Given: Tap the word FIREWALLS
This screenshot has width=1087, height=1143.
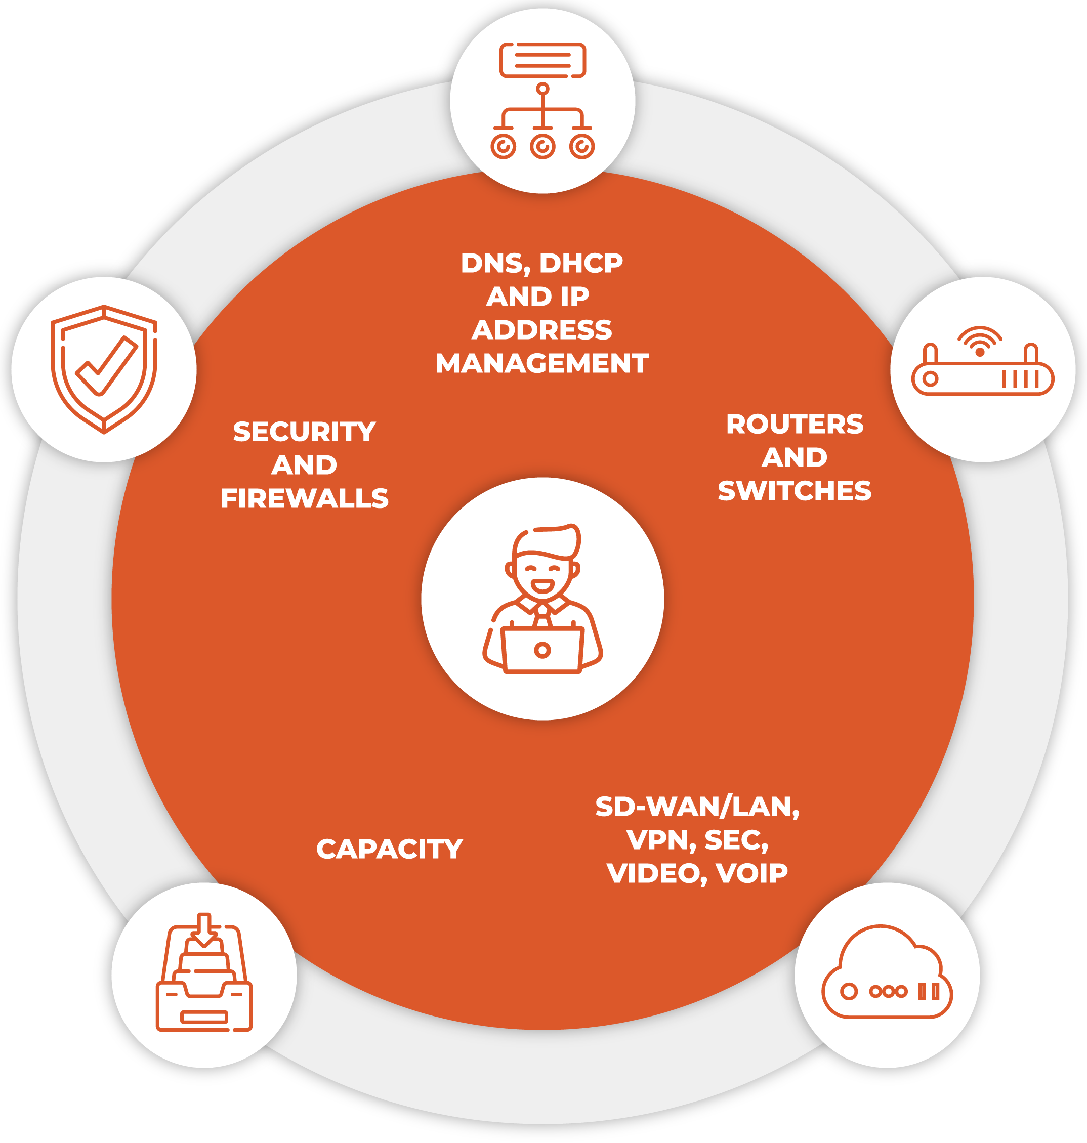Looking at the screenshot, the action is coord(304,498).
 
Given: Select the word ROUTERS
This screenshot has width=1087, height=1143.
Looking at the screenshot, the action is coord(795,424).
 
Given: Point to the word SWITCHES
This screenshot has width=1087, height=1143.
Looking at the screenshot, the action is coord(795,491).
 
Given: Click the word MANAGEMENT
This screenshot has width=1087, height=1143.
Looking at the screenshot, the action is coord(542,363).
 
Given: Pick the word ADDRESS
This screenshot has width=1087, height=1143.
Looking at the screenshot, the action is coord(542,329).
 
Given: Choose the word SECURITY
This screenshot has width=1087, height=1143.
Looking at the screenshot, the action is coord(304,432).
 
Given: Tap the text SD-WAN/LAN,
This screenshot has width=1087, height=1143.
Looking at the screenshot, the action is coord(697,807).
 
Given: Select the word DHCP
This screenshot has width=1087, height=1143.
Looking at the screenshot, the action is coord(580,263).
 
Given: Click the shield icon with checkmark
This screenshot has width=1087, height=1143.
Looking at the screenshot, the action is coord(104,369).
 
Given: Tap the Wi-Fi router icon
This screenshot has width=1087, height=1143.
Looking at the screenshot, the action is coord(982,360).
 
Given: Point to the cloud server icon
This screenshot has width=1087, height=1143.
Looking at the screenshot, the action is coord(887,971).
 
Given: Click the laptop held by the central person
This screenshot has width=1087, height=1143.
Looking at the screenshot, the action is coord(542,649).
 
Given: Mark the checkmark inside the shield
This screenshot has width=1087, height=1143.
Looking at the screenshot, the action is coord(107,366).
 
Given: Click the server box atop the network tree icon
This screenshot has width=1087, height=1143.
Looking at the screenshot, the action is coord(542,60).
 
